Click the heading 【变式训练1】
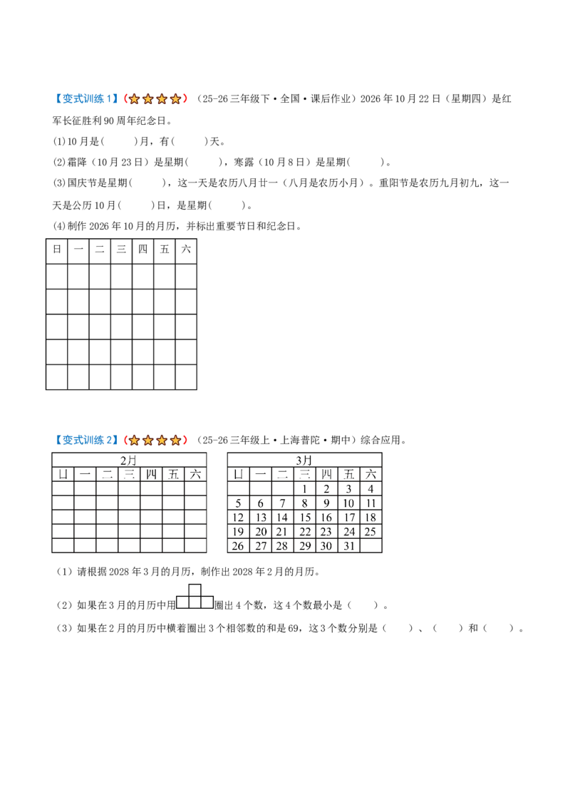86,99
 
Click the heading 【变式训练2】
86,440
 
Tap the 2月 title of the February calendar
129,460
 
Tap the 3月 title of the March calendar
304,460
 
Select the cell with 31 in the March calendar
349,546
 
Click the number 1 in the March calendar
304,489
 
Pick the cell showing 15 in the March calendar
305,518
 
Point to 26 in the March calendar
238,546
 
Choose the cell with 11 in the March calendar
371,503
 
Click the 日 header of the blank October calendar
56,249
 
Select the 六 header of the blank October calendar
186,249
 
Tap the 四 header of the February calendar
151,474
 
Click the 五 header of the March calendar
349,474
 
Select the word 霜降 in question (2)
77,162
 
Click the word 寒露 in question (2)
244,162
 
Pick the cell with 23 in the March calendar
326,532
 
